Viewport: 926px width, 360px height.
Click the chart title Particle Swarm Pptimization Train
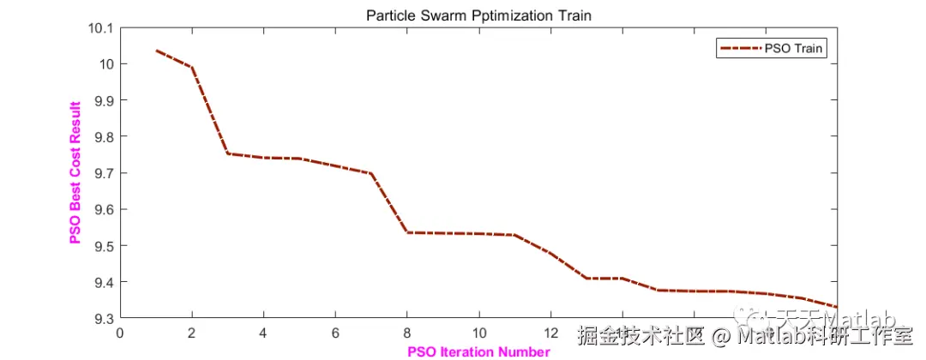coord(478,15)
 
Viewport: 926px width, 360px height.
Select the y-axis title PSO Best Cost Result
coord(75,171)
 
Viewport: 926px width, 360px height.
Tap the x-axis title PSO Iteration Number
coord(478,351)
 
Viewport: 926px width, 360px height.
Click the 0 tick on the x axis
coord(120,333)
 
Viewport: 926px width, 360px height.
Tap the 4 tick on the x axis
coord(264,333)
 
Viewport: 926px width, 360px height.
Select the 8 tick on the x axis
coord(407,333)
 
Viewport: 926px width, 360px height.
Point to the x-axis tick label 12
coord(551,333)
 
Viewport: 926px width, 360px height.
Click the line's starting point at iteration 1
coord(156,51)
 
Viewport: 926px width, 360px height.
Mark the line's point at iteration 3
coord(228,153)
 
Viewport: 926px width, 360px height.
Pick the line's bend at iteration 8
coord(407,232)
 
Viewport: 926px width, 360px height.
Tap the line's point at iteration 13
coord(586,278)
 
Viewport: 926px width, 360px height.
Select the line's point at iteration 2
coord(192,68)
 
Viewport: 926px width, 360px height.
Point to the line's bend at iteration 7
coord(371,173)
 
